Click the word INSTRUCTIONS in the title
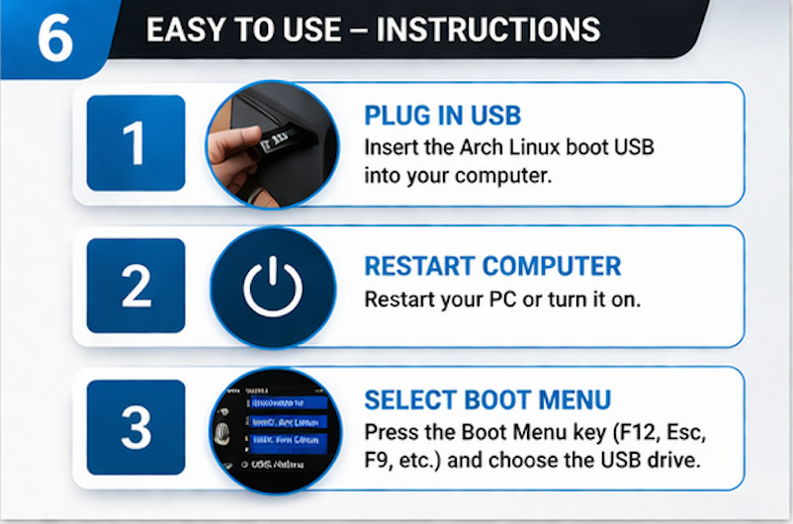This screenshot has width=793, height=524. pyautogui.click(x=488, y=30)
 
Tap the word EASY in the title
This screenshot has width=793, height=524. pyautogui.click(x=182, y=30)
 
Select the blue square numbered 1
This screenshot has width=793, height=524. pyautogui.click(x=135, y=142)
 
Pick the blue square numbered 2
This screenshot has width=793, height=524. pyautogui.click(x=135, y=286)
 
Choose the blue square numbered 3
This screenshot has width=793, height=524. pyautogui.click(x=135, y=428)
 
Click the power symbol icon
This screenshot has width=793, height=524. pyautogui.click(x=272, y=286)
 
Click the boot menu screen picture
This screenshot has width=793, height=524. pyautogui.click(x=273, y=430)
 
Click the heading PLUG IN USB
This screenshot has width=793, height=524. pyautogui.click(x=442, y=116)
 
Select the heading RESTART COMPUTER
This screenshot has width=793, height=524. pyautogui.click(x=492, y=266)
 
